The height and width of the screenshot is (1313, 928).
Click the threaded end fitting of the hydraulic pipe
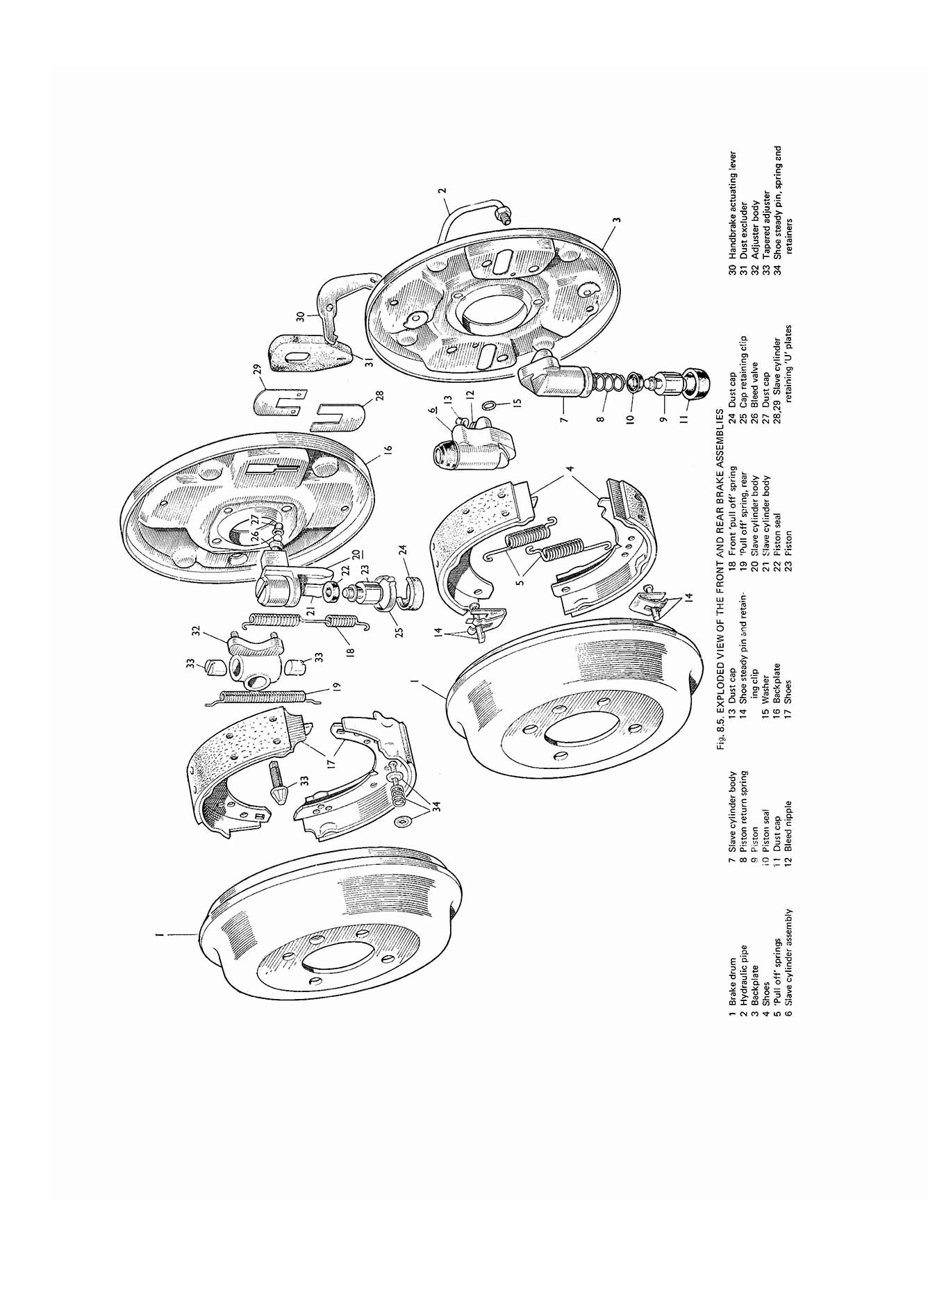(x=504, y=216)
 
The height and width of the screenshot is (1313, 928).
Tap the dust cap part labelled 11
(x=695, y=381)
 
